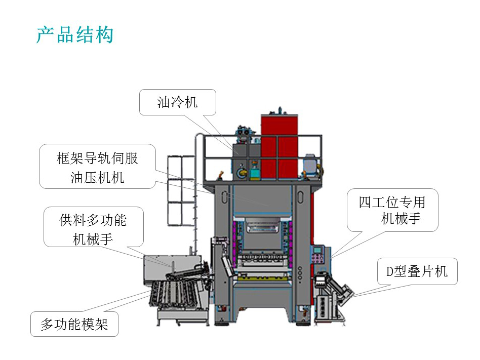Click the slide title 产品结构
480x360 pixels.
(x=75, y=34)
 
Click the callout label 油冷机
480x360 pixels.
(x=178, y=102)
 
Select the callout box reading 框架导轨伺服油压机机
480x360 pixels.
(x=97, y=167)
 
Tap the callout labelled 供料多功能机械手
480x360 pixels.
(x=93, y=227)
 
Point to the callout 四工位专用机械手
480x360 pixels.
(x=392, y=210)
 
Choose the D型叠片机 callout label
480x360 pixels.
(x=417, y=271)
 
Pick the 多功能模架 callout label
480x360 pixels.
(x=74, y=324)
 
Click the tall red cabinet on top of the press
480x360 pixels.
(x=279, y=146)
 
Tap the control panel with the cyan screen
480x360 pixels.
(x=318, y=254)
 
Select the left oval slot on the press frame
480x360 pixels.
(x=225, y=197)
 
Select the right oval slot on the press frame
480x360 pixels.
(x=301, y=196)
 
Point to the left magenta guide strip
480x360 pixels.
(x=235, y=242)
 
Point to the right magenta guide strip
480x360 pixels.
(x=290, y=242)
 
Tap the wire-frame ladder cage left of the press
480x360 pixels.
(x=181, y=190)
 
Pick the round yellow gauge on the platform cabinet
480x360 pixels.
(x=242, y=172)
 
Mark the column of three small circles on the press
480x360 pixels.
(x=300, y=273)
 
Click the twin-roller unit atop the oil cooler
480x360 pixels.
(x=245, y=131)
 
